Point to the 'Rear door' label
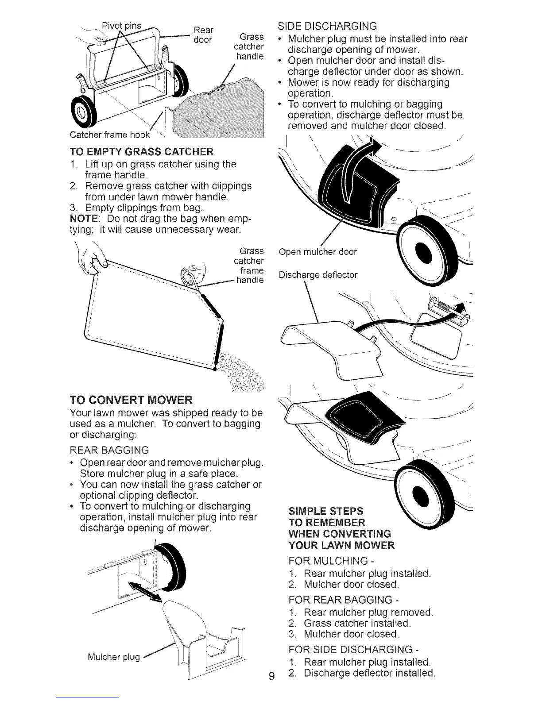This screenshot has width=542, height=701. (204, 35)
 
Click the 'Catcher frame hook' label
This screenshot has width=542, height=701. (110, 135)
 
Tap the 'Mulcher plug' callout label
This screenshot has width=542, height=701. (113, 656)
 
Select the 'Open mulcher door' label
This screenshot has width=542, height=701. (317, 252)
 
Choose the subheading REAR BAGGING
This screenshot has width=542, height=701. (109, 450)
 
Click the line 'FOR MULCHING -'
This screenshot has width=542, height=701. (328, 561)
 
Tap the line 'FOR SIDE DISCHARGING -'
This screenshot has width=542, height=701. (353, 650)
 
